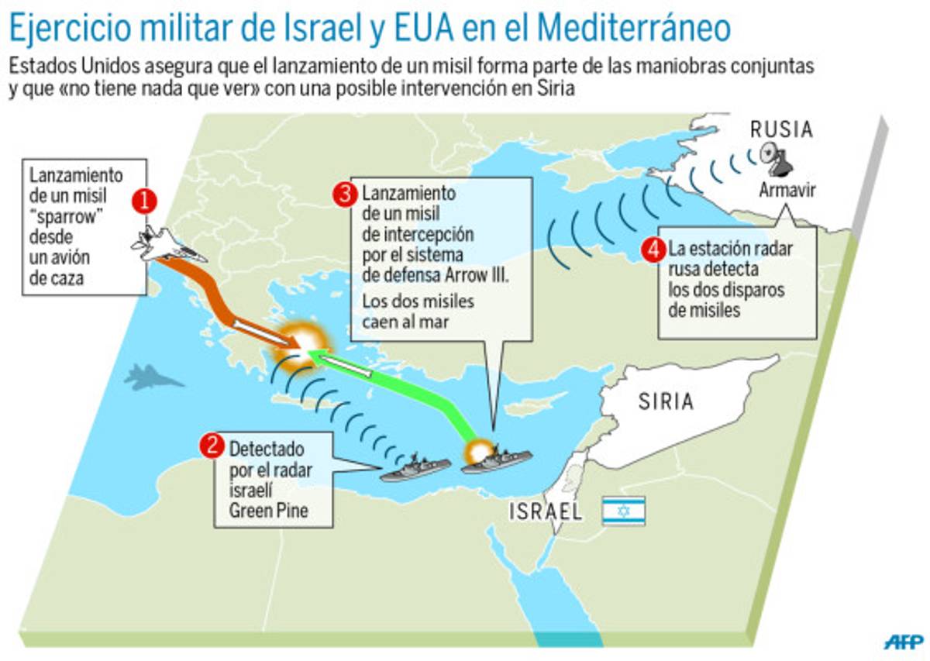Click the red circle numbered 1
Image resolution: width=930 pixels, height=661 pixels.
[144, 202]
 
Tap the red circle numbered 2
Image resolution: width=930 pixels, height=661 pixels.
[210, 446]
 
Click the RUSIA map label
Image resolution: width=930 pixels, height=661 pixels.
[780, 129]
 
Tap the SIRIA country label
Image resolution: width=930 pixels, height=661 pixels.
[666, 401]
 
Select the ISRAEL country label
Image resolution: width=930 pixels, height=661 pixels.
[546, 511]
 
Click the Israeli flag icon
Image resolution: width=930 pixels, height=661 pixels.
[624, 511]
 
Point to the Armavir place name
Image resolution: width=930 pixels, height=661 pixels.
[787, 191]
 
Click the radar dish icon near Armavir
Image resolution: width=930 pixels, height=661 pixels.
[777, 157]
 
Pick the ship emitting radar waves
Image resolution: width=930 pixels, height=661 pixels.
[416, 467]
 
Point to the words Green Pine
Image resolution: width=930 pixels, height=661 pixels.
[266, 509]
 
